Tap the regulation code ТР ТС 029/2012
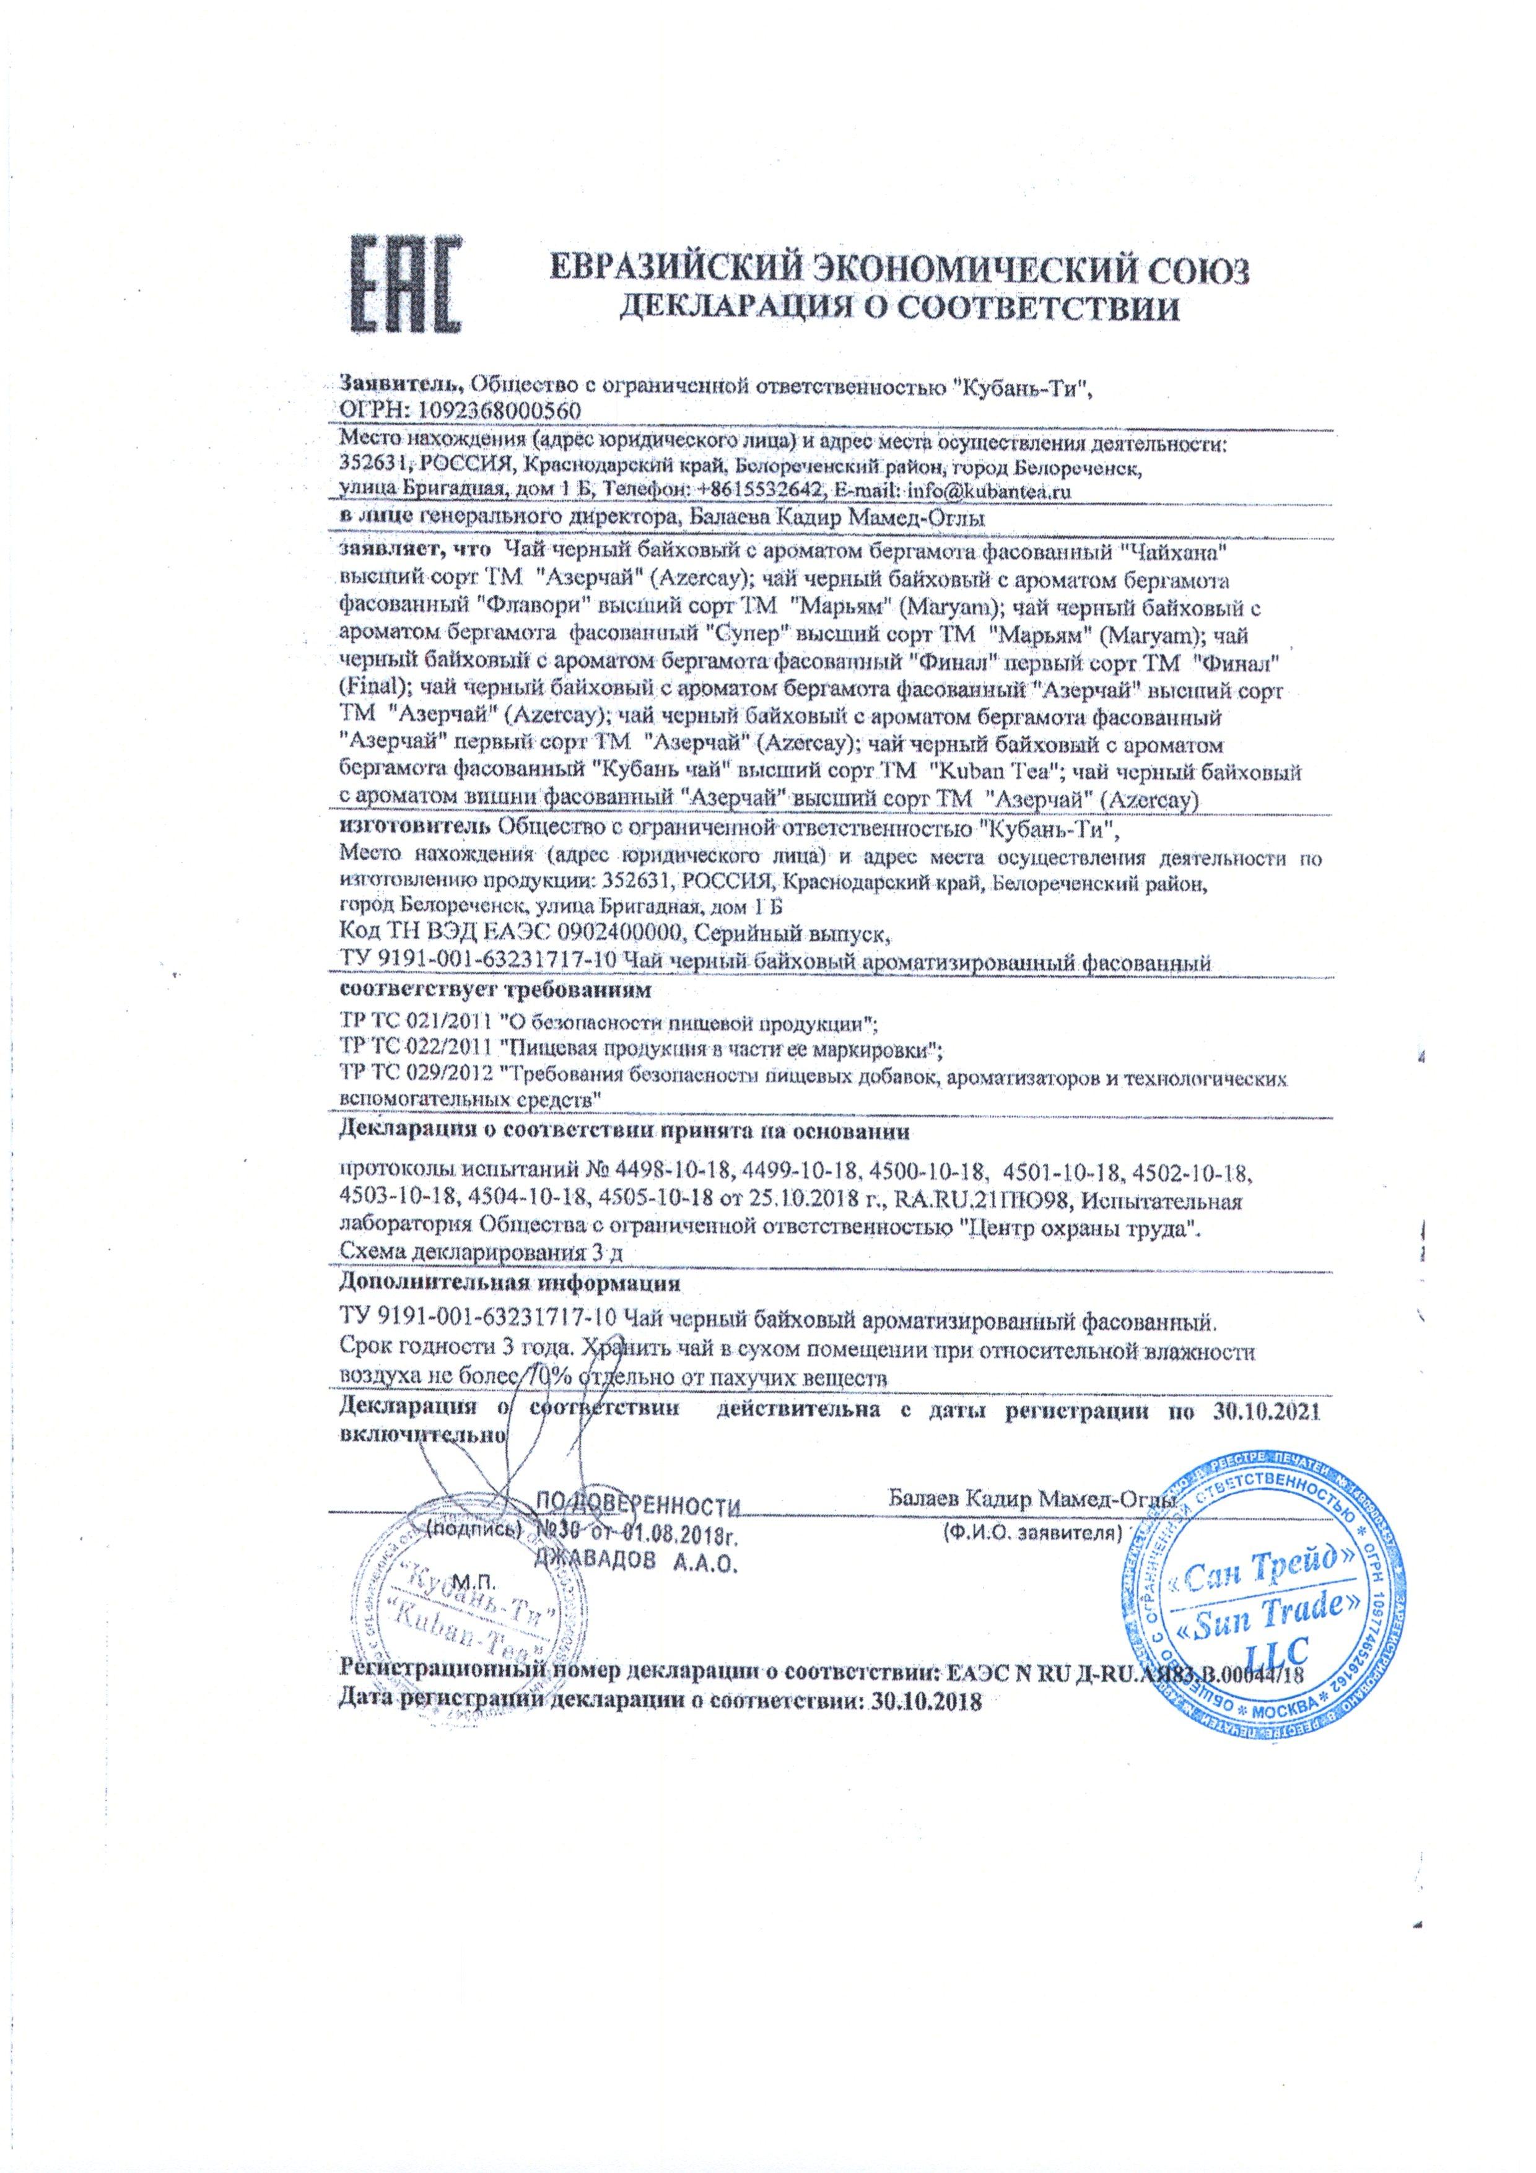pyautogui.click(x=414, y=1079)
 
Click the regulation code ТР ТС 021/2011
pyautogui.click(x=414, y=1024)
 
